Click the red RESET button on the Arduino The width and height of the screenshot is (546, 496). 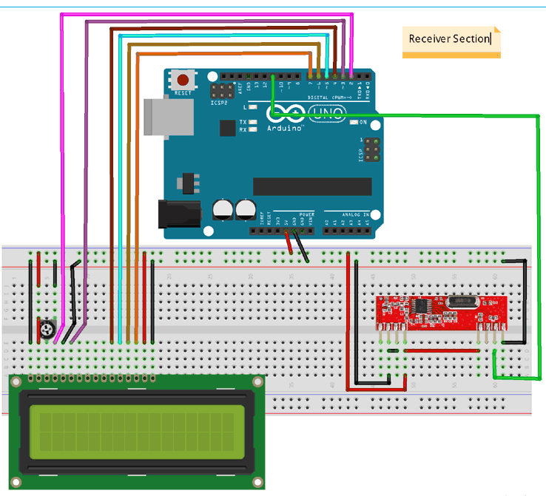(183, 78)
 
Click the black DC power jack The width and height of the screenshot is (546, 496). (178, 214)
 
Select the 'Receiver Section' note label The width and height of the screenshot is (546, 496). (451, 38)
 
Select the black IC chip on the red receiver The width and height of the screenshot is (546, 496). (423, 305)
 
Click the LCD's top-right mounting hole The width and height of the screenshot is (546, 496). (257, 382)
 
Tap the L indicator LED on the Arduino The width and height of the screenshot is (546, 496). (253, 108)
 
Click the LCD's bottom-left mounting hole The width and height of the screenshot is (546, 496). (16, 482)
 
